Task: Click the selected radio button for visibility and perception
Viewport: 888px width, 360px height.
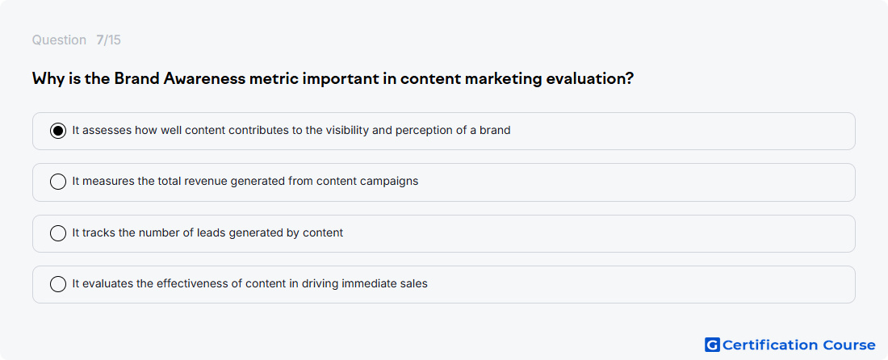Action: [x=58, y=131]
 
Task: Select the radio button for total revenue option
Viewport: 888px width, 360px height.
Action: [x=58, y=182]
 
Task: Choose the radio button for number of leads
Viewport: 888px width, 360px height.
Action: [x=58, y=233]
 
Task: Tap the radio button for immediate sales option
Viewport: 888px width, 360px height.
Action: [x=58, y=284]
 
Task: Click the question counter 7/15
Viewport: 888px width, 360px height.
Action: [x=108, y=40]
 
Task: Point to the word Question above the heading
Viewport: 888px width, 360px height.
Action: [x=59, y=40]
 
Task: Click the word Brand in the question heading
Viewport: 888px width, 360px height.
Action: [x=136, y=78]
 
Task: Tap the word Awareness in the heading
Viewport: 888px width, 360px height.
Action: [x=204, y=78]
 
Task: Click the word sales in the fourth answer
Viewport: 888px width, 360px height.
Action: [x=415, y=283]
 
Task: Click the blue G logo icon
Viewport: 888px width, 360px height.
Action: [x=712, y=345]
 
